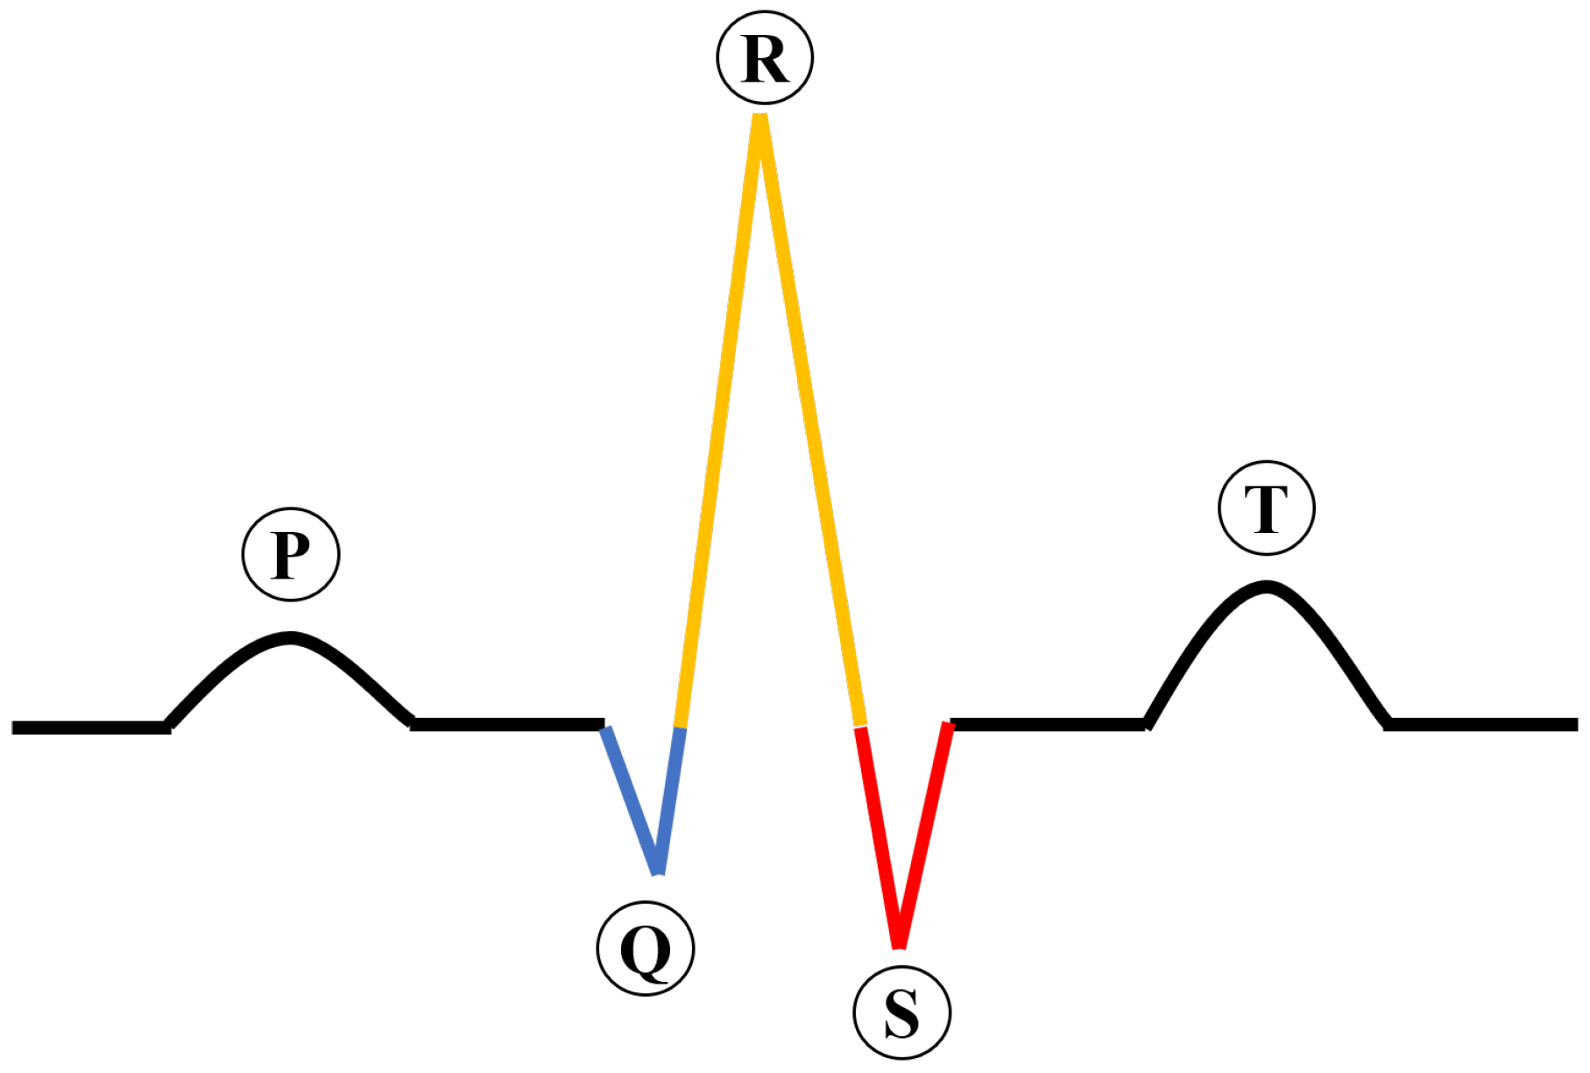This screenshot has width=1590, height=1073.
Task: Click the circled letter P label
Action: pos(291,554)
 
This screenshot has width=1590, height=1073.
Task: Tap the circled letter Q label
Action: pos(646,949)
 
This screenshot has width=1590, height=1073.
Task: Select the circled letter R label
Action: pos(765,58)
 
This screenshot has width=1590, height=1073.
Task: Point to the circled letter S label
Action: pos(901,1013)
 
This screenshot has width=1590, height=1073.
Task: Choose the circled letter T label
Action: pos(1266,508)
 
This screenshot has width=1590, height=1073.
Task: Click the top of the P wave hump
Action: pos(291,637)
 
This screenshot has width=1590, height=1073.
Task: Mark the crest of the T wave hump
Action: pos(1266,586)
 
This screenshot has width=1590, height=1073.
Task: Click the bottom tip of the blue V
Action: pos(658,870)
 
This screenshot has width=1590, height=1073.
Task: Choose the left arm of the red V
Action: pos(879,833)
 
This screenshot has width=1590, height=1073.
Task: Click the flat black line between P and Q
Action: pos(508,724)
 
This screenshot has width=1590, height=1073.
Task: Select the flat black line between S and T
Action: pos(1048,724)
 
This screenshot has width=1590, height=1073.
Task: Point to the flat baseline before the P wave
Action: pos(88,728)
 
